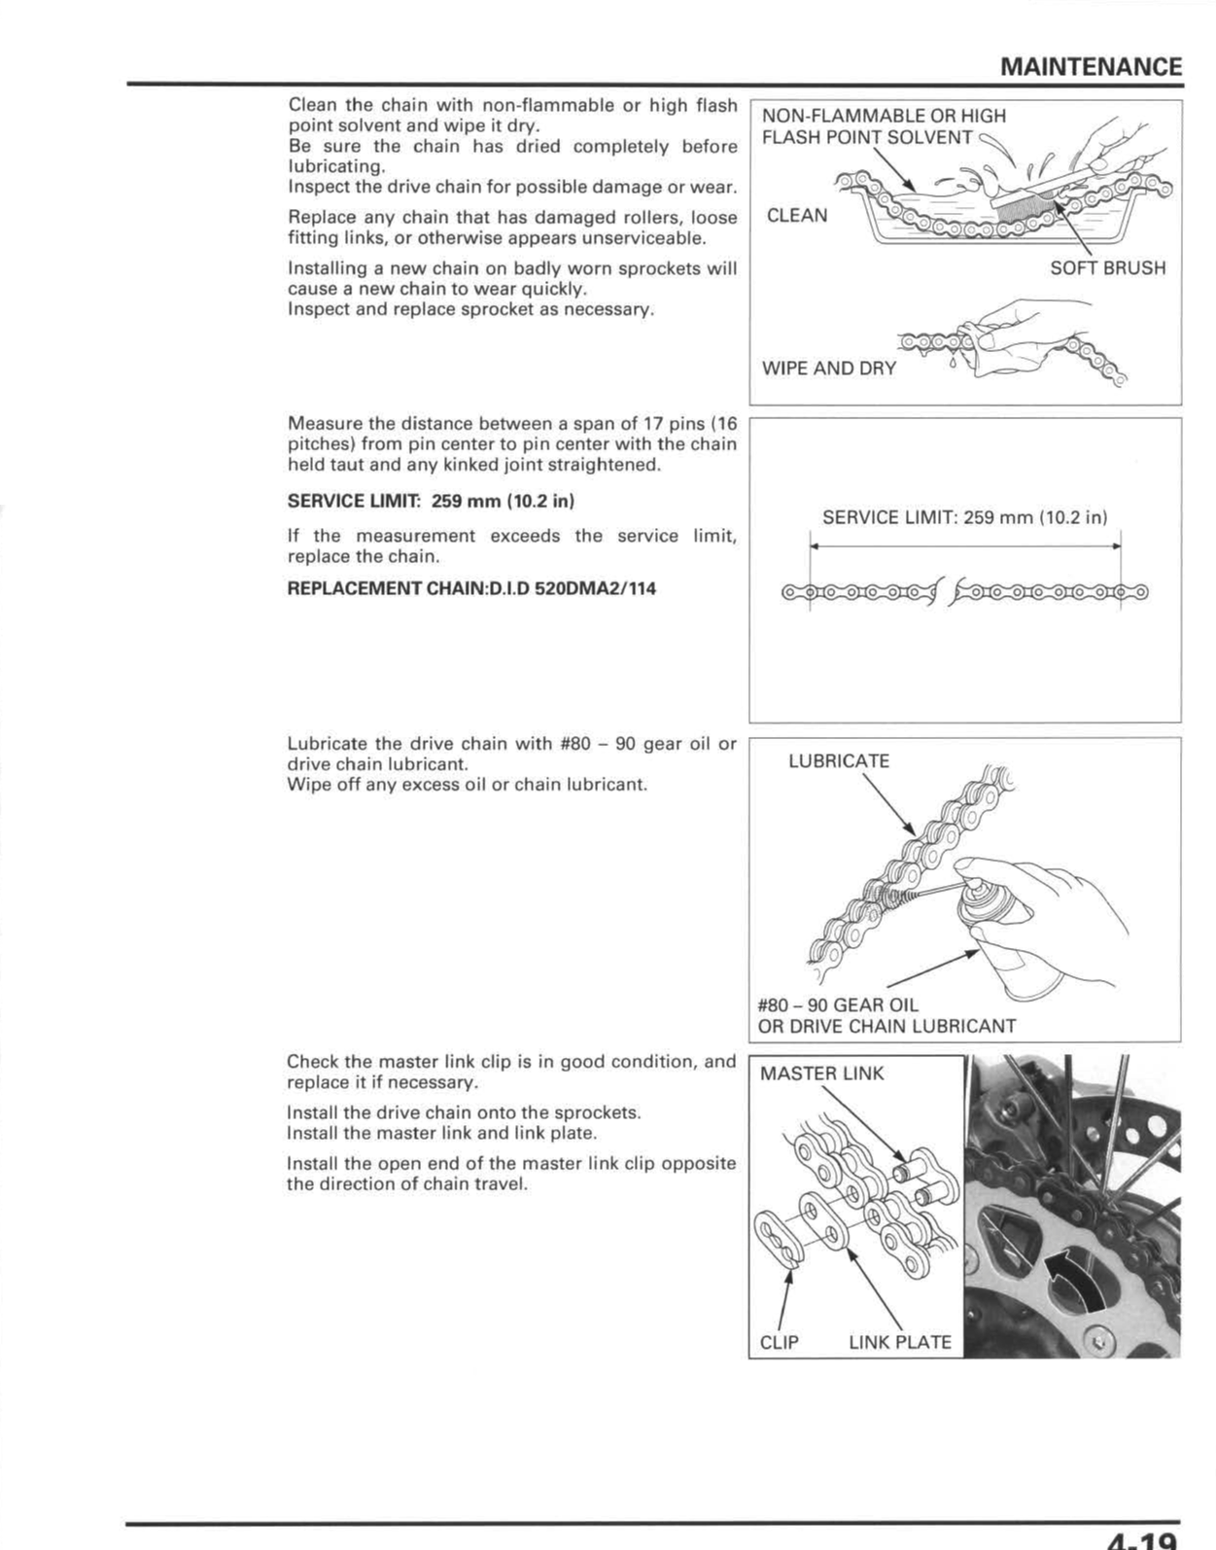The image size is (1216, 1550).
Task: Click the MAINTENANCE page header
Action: (1091, 66)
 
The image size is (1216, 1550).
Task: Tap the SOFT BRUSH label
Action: (1107, 267)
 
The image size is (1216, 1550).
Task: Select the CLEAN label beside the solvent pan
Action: (797, 215)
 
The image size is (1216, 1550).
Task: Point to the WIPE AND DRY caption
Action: (828, 369)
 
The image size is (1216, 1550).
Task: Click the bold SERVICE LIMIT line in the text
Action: (431, 501)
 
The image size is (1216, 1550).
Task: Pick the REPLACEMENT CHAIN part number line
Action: (471, 588)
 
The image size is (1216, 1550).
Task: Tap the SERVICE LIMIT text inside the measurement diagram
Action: (964, 517)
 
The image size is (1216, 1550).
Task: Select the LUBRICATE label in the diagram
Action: (839, 761)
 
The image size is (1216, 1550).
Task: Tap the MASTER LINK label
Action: (821, 1074)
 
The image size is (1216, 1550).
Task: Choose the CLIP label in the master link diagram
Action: (780, 1342)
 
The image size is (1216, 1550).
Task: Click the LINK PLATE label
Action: (899, 1342)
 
